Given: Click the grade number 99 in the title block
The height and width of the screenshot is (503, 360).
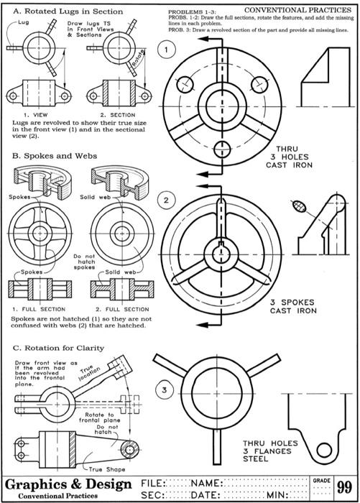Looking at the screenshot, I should coord(343,488).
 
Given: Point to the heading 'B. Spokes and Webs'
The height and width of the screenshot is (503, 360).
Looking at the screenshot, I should coord(41,155).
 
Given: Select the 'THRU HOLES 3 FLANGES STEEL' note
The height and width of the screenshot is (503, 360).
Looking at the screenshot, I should coord(268,451).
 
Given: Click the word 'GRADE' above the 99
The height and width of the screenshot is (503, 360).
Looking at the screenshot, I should coord(320,478).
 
